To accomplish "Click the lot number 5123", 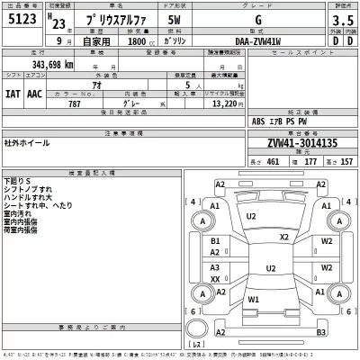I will (x=23, y=21).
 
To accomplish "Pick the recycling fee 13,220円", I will (x=228, y=103).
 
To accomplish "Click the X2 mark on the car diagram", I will (x=284, y=237).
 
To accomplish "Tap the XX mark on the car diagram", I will (x=216, y=279).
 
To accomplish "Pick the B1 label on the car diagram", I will (x=216, y=241).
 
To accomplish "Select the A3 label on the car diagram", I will (x=216, y=268).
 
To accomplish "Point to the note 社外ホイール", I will (x=28, y=142).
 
